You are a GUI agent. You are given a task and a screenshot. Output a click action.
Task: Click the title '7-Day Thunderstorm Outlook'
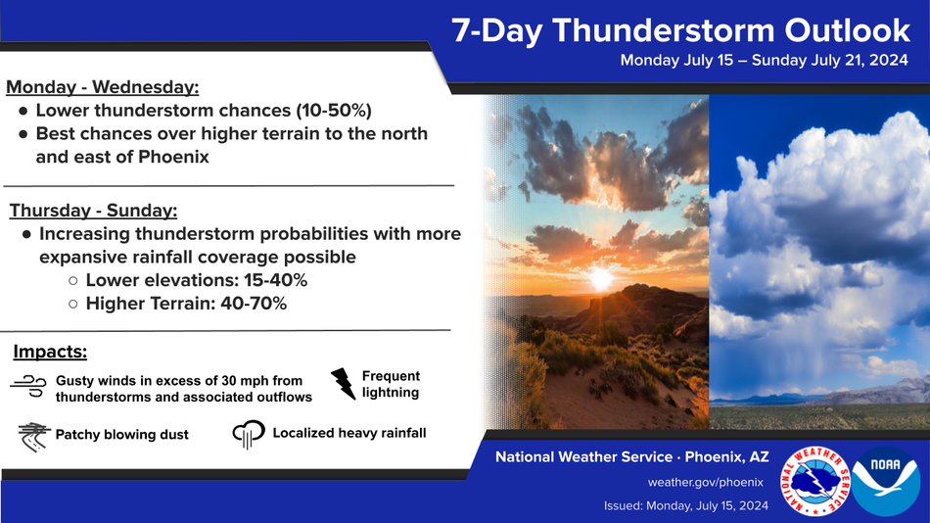[x=681, y=31]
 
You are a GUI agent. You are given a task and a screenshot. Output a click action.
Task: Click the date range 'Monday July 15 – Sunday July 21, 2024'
[x=764, y=60]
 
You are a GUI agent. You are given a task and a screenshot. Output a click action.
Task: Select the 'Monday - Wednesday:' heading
[x=102, y=87]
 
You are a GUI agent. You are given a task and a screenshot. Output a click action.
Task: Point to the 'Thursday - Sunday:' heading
[x=93, y=211]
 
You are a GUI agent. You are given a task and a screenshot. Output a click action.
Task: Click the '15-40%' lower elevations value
[x=275, y=280]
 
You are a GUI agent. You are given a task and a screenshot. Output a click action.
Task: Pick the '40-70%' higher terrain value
[x=254, y=304]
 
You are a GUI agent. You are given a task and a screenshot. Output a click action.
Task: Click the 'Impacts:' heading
[x=50, y=352]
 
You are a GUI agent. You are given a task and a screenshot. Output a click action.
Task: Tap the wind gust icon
[x=28, y=386]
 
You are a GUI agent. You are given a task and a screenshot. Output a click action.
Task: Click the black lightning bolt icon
[x=343, y=384]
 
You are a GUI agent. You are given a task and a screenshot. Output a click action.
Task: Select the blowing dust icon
[x=33, y=438]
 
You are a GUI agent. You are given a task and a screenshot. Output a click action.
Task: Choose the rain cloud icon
[x=249, y=434]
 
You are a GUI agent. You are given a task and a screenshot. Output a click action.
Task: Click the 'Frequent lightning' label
[x=391, y=384]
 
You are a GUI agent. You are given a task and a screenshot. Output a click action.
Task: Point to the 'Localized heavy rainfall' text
[x=349, y=433]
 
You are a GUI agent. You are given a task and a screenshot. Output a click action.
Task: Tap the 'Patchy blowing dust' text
[x=121, y=435]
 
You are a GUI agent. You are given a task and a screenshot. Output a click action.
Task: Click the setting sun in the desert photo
[x=600, y=278]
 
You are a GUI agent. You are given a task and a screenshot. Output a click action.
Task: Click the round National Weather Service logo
[x=814, y=481]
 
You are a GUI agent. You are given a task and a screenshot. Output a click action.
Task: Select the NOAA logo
[x=886, y=481]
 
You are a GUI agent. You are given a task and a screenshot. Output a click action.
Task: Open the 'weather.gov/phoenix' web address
[x=705, y=482]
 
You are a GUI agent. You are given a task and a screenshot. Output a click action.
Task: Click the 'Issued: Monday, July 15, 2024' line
[x=685, y=505]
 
